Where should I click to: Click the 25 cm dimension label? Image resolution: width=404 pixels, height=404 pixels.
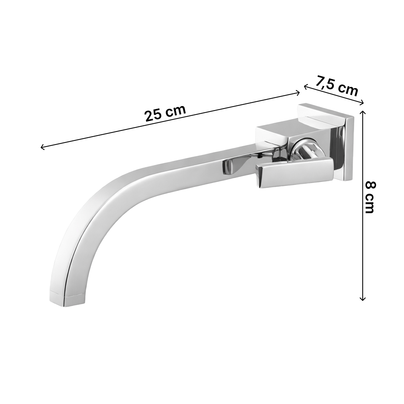[165, 113]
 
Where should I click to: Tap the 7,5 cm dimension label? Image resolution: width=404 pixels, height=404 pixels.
[336, 87]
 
